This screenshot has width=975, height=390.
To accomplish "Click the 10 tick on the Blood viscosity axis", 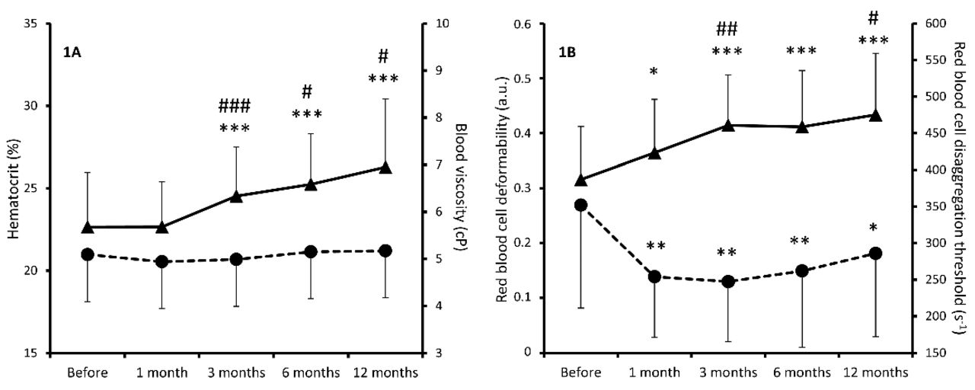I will tap(440, 24).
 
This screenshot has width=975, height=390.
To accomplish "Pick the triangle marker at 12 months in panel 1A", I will tap(385, 168).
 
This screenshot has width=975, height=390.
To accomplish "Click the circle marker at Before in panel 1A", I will tap(88, 254).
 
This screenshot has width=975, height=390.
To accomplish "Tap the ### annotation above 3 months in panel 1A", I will tap(235, 106).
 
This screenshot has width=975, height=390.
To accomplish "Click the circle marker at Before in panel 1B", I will tap(580, 205).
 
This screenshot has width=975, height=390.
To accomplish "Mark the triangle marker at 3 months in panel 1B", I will tap(727, 125).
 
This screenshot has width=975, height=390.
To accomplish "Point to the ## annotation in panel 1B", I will tap(727, 30).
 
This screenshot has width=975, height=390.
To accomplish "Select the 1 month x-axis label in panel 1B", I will tap(654, 372).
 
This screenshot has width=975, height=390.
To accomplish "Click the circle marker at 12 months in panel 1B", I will tap(876, 254).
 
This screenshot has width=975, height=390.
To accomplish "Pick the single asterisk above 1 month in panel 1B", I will tap(654, 72).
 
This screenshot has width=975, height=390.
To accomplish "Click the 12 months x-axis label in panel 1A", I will tap(385, 372).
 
